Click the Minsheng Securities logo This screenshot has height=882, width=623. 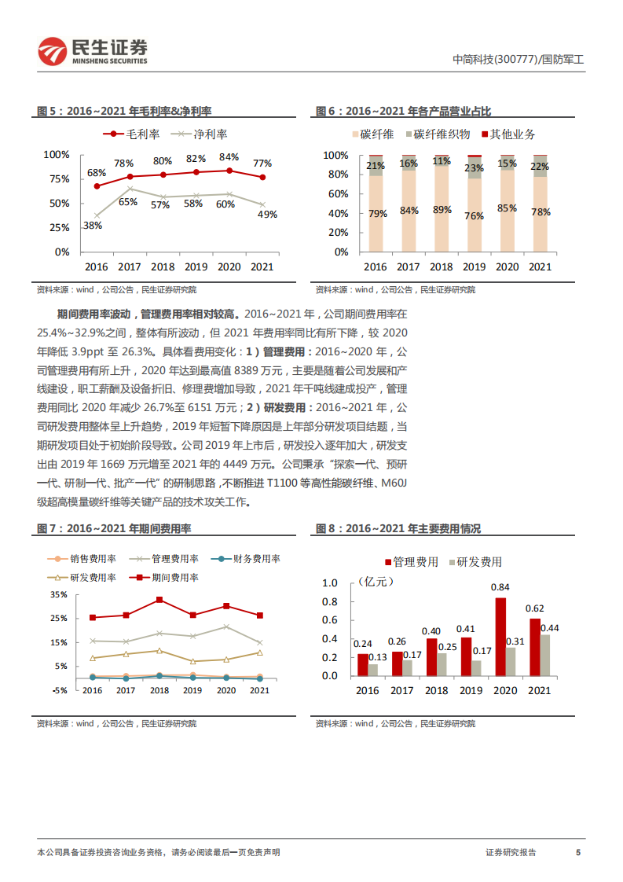[x=93, y=51]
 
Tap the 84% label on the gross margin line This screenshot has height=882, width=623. [x=229, y=156]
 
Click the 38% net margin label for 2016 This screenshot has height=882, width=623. [x=93, y=225]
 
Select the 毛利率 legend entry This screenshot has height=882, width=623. [x=133, y=134]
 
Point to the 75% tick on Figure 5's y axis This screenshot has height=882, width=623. [x=60, y=179]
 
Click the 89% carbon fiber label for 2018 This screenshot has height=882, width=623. [x=442, y=210]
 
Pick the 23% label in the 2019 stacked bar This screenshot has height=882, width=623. [x=474, y=168]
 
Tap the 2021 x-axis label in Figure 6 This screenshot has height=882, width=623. [x=539, y=267]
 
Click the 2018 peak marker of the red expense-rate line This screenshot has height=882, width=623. [x=159, y=600]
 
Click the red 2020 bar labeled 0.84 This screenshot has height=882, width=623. [x=500, y=637]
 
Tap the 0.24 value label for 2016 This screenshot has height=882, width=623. [x=362, y=643]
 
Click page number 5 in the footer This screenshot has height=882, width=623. [x=578, y=852]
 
